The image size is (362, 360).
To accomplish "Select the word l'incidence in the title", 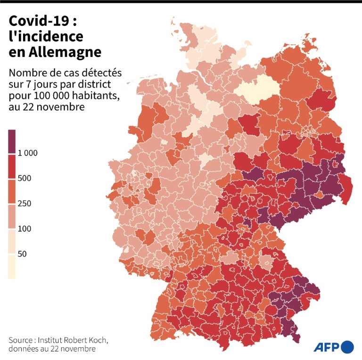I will tap(46, 36).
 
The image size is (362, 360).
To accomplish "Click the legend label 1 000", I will tap(27, 153).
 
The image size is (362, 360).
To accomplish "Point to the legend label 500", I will tap(25, 178).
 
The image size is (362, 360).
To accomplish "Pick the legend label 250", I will tap(25, 204).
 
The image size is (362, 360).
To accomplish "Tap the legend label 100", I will tap(25, 229).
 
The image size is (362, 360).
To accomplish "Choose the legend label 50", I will tap(22, 254).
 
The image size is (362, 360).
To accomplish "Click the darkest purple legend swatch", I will tap(12, 141).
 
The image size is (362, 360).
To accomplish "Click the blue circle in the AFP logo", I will tap(348, 346).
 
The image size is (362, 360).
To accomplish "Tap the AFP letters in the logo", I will tap(327, 346).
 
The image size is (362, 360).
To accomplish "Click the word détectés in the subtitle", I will tap(91, 74).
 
